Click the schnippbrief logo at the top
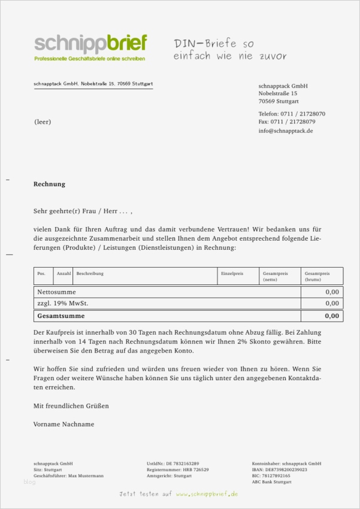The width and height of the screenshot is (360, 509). (x=90, y=44)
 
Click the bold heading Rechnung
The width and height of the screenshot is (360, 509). (x=49, y=184)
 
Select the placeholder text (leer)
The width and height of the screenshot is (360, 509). (x=43, y=122)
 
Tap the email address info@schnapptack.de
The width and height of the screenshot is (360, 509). (x=285, y=131)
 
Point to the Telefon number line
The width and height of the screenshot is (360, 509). (x=292, y=114)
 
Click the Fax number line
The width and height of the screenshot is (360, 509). (x=287, y=122)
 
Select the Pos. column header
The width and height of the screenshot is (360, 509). (x=41, y=274)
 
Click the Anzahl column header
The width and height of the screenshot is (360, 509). (x=64, y=274)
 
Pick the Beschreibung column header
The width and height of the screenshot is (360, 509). (x=90, y=274)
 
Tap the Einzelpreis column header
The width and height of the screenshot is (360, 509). (x=232, y=274)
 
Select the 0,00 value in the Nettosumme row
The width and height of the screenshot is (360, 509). (x=332, y=292)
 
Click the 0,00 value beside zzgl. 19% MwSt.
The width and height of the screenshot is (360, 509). (x=332, y=304)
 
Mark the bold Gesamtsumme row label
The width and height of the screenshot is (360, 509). (x=60, y=316)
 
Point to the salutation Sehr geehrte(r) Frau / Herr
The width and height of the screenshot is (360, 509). (x=82, y=211)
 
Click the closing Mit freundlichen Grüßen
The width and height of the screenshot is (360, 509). (x=71, y=406)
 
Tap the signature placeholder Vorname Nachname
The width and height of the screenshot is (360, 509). (x=63, y=425)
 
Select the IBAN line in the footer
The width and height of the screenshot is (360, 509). (x=279, y=470)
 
